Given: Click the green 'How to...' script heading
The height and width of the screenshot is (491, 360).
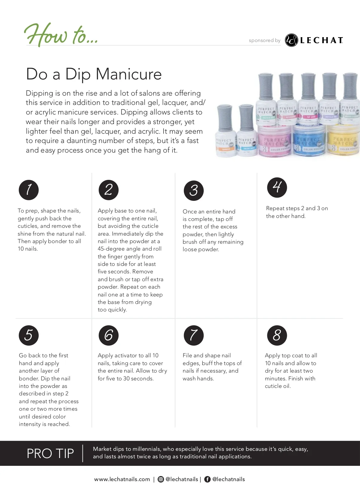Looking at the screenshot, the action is (61, 35).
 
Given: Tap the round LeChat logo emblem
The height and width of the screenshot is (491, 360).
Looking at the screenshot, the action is (291, 40).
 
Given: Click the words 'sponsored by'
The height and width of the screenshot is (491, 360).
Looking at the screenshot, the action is (265, 40).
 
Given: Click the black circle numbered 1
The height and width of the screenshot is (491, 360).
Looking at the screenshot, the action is (29, 190).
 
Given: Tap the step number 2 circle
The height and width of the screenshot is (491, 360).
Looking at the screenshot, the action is (109, 190).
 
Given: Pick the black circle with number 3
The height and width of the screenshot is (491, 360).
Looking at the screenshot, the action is (194, 190).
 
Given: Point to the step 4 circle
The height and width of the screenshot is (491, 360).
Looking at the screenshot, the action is (277, 187).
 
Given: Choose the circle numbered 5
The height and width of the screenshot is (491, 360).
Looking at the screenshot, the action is (29, 335).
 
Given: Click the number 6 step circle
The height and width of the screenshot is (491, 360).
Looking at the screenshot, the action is (109, 335).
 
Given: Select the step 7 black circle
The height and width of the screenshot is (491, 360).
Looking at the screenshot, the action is (194, 335).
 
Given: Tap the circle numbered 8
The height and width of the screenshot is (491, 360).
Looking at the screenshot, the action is (277, 335).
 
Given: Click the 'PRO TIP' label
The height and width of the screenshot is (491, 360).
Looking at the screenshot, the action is (50, 454).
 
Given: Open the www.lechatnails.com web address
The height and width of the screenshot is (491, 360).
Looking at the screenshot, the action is (122, 479).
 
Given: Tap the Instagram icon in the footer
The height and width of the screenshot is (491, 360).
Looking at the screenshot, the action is (161, 479).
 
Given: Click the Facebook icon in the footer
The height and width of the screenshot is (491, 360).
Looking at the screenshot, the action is (207, 479).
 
